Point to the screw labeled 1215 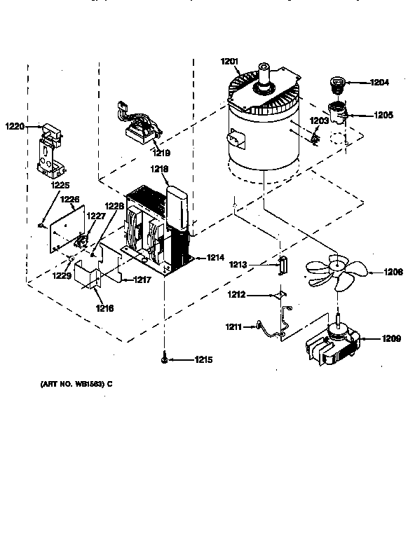tap(163, 359)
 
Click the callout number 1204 tap(379, 83)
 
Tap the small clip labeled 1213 tap(284, 265)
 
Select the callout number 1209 tap(392, 339)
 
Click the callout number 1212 tap(237, 294)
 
